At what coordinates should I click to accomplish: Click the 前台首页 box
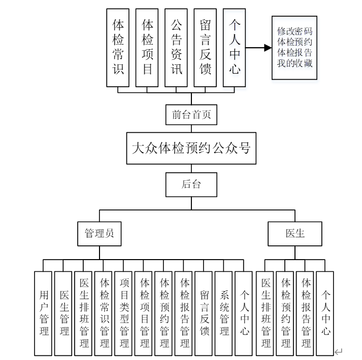(x=191, y=115)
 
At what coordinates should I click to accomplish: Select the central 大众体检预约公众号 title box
(x=191, y=148)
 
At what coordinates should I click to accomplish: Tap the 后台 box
(x=191, y=185)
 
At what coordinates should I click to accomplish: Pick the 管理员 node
(x=99, y=234)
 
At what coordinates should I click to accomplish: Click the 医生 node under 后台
(x=295, y=234)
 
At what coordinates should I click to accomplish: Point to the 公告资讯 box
(x=176, y=47)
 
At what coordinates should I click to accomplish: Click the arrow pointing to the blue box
(x=259, y=48)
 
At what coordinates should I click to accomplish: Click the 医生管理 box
(x=63, y=313)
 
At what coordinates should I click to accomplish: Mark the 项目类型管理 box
(x=124, y=313)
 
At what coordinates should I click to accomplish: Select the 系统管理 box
(x=224, y=313)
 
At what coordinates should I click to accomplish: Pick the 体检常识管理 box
(x=104, y=313)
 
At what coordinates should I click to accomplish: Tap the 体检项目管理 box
(x=144, y=313)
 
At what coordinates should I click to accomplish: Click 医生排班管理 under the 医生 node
(x=265, y=313)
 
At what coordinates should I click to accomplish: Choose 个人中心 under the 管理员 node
(x=244, y=313)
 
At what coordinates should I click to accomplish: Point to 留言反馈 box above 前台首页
(x=206, y=47)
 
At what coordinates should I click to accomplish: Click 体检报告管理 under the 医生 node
(x=306, y=313)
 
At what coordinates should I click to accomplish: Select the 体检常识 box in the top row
(x=118, y=47)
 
